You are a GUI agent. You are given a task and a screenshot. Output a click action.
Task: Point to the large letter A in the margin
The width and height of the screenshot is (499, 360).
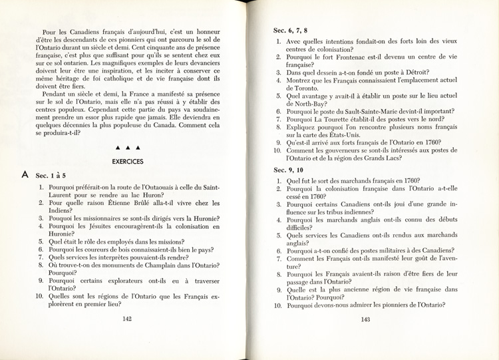click(24, 175)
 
